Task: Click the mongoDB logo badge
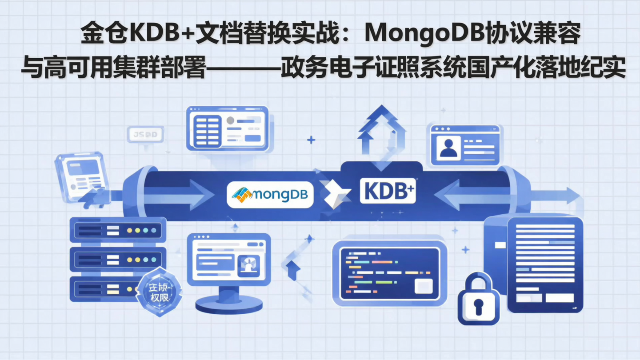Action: [x=270, y=195]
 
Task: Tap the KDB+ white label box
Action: [x=388, y=191]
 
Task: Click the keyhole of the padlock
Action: [x=478, y=306]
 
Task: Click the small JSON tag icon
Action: [x=145, y=135]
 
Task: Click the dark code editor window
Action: [x=389, y=273]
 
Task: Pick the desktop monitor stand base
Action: [x=229, y=304]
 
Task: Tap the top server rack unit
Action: [x=118, y=230]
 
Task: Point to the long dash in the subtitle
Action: [x=243, y=69]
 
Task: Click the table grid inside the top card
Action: [x=207, y=131]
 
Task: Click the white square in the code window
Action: [x=423, y=286]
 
